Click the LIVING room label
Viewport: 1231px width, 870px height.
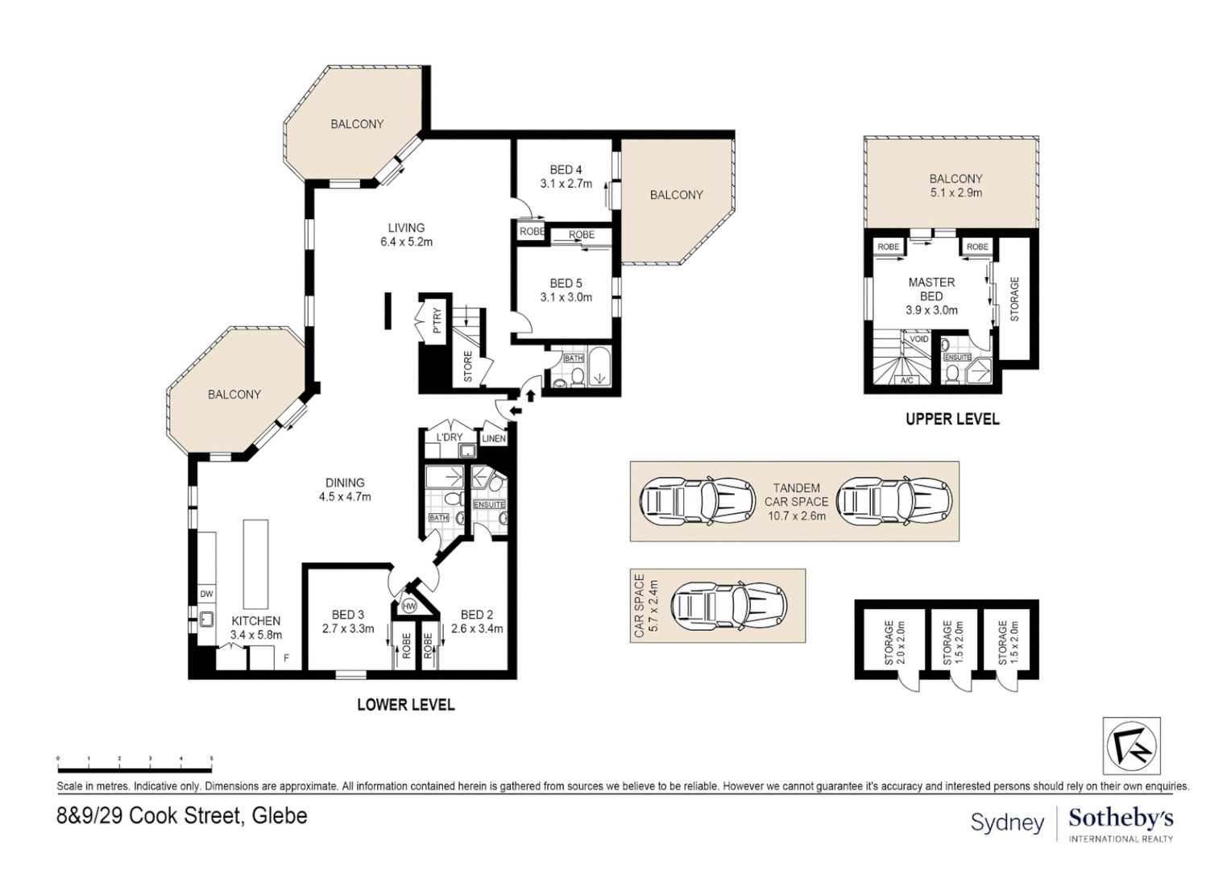click(406, 227)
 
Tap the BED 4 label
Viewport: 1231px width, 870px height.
click(566, 170)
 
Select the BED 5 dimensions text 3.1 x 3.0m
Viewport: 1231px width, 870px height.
click(566, 297)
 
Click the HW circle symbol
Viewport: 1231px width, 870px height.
click(409, 607)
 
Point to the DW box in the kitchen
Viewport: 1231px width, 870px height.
click(206, 594)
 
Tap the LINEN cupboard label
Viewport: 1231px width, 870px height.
click(493, 438)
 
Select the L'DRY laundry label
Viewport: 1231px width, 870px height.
click(450, 437)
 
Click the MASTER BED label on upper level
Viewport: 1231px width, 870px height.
click(931, 289)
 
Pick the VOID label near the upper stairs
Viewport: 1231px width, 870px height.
click(919, 339)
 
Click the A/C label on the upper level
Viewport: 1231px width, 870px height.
click(907, 379)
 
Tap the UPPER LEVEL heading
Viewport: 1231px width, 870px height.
click(952, 420)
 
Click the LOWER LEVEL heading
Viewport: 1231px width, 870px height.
click(405, 705)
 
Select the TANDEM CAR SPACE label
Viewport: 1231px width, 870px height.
click(796, 495)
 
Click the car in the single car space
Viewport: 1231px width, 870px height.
click(729, 607)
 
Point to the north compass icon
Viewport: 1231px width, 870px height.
click(1132, 746)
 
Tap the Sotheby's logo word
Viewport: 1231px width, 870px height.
click(1121, 818)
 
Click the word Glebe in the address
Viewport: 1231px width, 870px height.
click(280, 815)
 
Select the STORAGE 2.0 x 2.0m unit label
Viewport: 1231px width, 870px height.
click(894, 643)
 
